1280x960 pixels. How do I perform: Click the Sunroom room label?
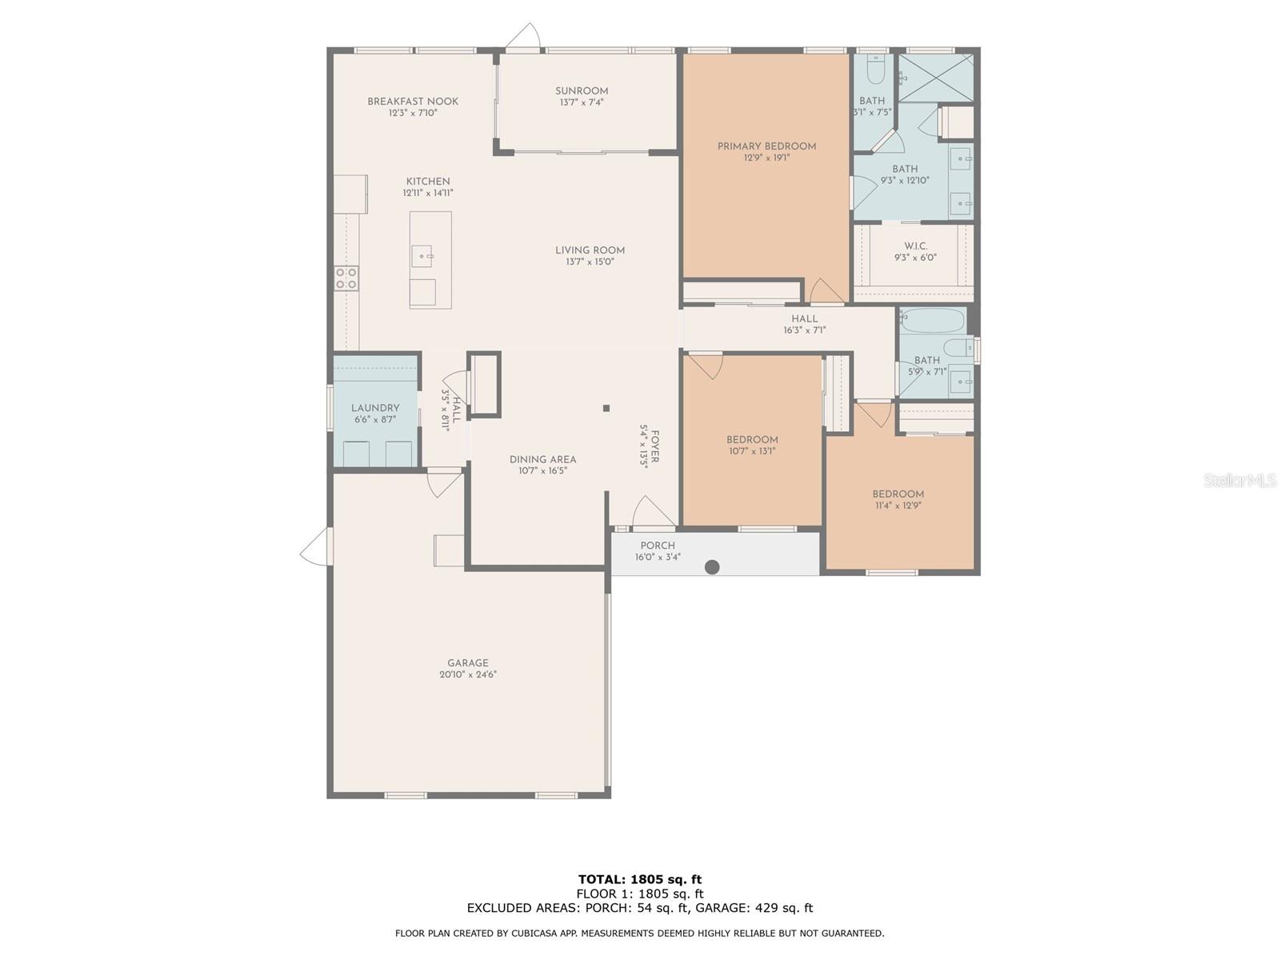coord(582,91)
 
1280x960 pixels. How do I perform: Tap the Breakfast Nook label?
coord(412,102)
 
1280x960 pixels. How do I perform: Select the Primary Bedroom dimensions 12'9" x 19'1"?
coord(766,158)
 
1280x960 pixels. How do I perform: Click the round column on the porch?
coord(712,566)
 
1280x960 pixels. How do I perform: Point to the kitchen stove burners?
coord(346,278)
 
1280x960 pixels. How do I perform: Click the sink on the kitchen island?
coord(422,256)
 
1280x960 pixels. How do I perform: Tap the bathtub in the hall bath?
coord(933,321)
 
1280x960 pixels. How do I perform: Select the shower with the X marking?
coord(935,78)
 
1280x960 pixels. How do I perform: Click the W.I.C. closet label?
coord(915,246)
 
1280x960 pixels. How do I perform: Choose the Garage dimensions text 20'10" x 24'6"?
coord(468,674)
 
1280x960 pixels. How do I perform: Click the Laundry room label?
coord(375,408)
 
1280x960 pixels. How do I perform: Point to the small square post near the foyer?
coord(606,408)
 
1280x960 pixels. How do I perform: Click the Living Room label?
coord(590,250)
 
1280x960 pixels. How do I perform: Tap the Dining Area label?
coord(542,459)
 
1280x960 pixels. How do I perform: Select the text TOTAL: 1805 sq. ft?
coord(640,879)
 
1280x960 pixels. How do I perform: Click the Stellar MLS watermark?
coord(1240,480)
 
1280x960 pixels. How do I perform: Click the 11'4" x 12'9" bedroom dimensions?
coord(898,506)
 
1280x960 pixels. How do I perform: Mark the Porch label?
coord(658,546)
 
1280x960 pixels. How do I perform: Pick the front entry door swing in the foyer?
coord(652,512)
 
